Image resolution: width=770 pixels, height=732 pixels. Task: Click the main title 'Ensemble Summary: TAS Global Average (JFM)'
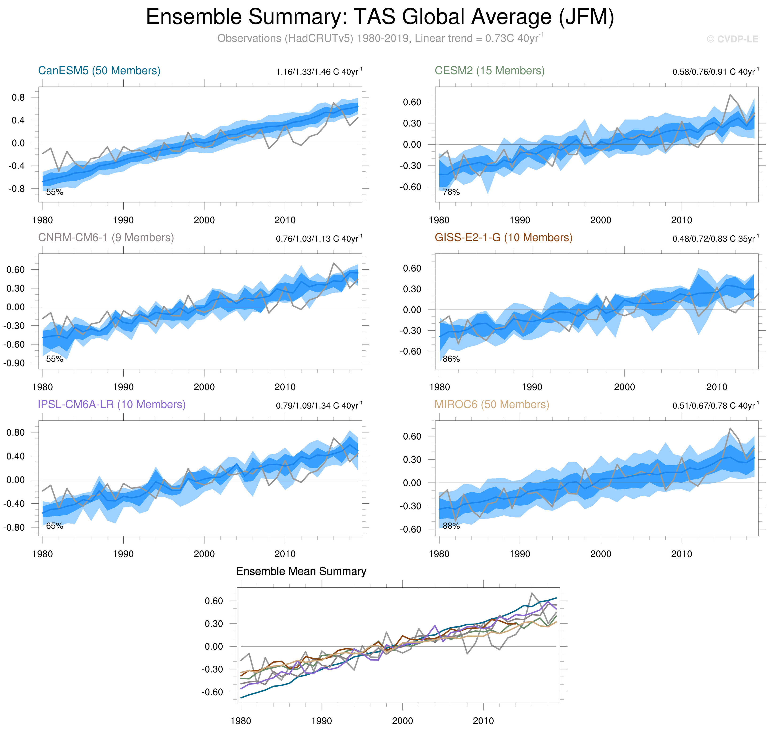tap(380, 17)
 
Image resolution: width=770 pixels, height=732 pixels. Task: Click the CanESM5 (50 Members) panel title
tap(99, 71)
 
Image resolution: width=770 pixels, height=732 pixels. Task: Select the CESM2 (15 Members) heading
tap(490, 71)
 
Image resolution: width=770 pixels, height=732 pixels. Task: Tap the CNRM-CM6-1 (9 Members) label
tap(106, 238)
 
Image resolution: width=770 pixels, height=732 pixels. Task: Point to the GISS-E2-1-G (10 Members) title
tap(503, 238)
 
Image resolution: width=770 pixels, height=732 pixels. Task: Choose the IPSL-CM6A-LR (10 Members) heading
tap(112, 405)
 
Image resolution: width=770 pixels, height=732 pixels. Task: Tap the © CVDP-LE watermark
tap(732, 40)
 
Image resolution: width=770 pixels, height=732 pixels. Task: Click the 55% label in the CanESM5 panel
tap(55, 192)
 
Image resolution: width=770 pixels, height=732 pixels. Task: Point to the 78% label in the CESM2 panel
tap(451, 192)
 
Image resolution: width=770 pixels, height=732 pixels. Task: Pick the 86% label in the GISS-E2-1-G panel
tap(451, 359)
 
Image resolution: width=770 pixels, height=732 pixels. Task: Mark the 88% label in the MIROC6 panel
tap(451, 526)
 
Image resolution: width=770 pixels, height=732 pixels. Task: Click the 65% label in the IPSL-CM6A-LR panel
tap(55, 526)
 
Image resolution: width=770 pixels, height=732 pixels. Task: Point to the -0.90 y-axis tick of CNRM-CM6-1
tap(14, 363)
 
